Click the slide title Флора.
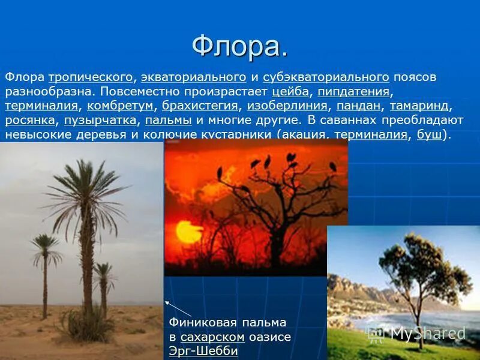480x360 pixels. click(239, 46)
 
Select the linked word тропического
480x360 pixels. click(90, 77)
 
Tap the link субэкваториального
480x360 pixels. click(326, 77)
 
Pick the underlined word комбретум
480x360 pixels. click(121, 106)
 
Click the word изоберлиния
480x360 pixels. click(287, 106)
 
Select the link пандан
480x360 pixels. click(358, 106)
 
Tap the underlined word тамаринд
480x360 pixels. click(419, 106)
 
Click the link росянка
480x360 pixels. click(30, 121)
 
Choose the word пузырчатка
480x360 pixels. click(100, 121)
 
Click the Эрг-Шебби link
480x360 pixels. click(203, 351)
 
